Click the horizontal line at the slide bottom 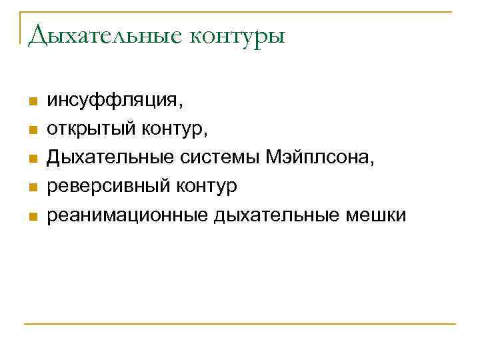coord(240,324)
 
